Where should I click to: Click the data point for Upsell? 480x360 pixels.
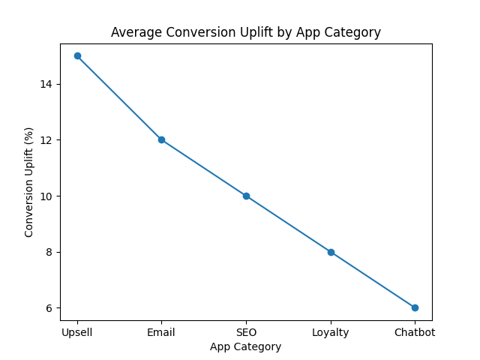77,55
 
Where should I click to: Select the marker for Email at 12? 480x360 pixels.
161,139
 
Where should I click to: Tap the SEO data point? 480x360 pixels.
246,196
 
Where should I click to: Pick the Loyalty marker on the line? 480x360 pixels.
331,252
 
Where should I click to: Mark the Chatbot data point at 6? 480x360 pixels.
415,307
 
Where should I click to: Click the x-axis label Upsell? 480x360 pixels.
77,332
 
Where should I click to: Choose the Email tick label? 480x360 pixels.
161,332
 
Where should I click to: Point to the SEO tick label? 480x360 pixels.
246,332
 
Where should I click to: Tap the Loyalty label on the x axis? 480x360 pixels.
331,332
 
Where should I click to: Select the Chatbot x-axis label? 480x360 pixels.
415,332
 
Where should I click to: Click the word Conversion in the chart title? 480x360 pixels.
193,32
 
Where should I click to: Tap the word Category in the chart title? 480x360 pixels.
354,33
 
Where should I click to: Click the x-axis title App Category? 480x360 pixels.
246,346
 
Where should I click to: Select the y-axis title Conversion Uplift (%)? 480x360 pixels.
29,181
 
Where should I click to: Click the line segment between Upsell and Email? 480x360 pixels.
119,97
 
